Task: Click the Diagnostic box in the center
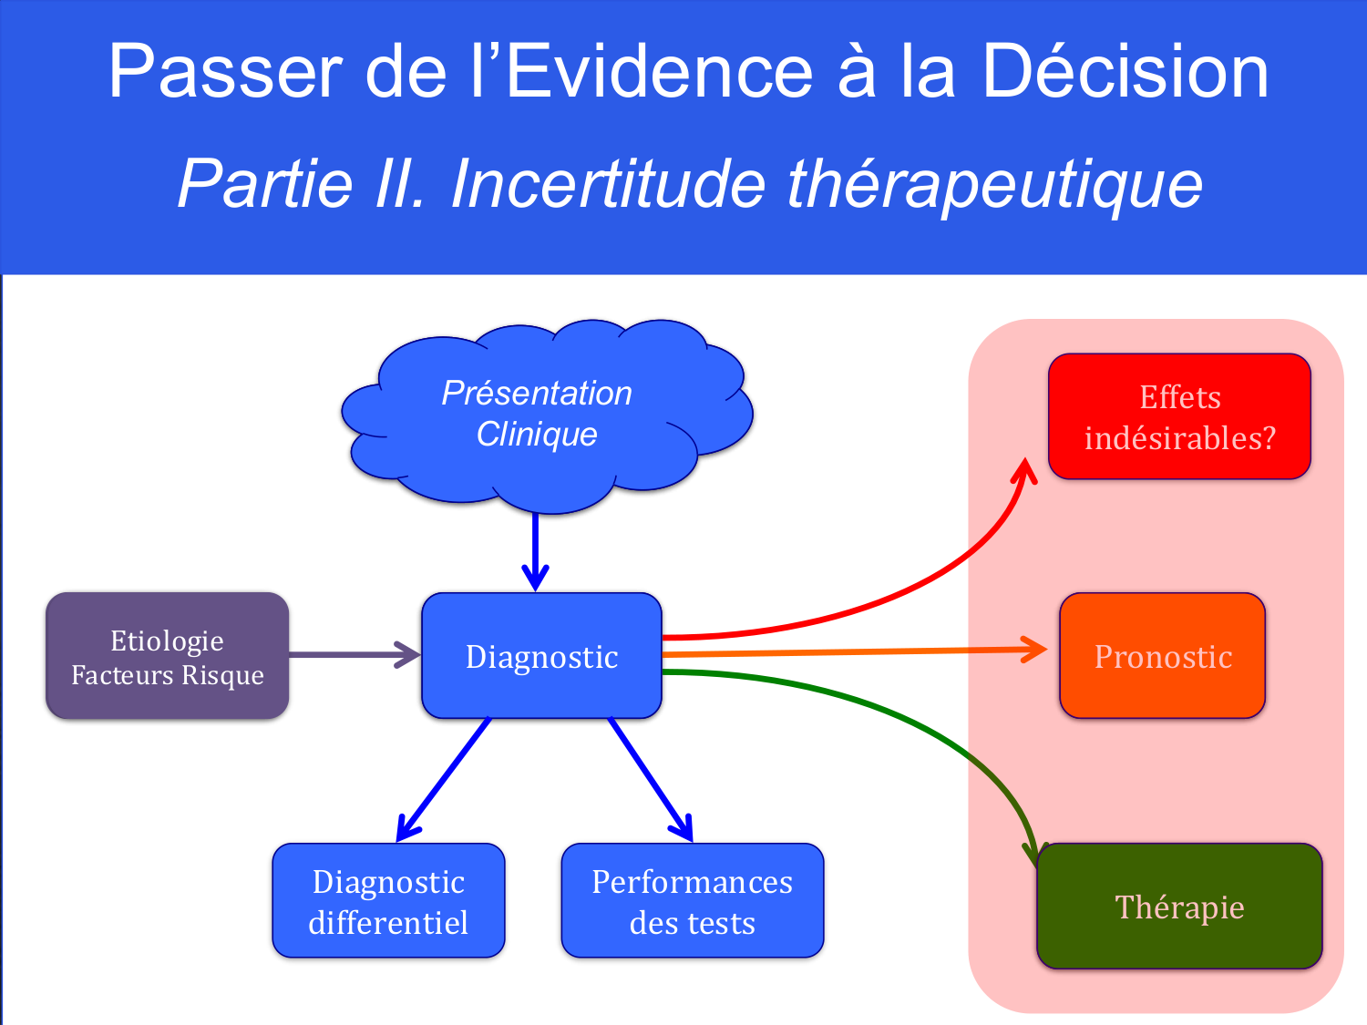541,656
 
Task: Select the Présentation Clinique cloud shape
538,415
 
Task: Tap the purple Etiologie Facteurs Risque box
168,656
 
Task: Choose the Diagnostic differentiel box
388,901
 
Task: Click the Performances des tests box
693,901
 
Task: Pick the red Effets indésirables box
1179,417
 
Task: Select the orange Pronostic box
1163,656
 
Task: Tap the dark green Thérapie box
1179,907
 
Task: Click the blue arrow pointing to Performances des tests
650,779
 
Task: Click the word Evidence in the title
659,72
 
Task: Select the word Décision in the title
1125,72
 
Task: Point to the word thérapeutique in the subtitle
994,183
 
